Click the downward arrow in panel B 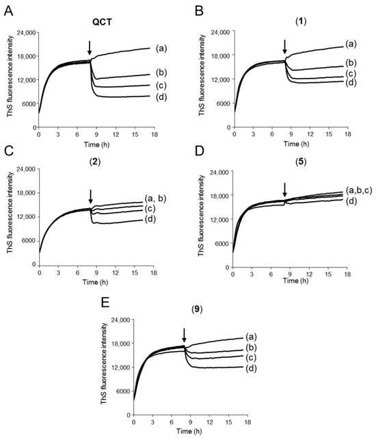[x=285, y=47]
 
